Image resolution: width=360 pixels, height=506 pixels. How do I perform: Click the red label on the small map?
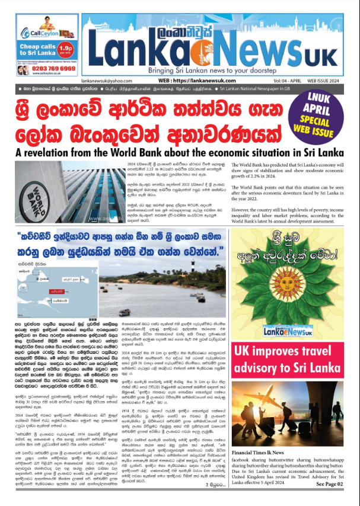(57, 292)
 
